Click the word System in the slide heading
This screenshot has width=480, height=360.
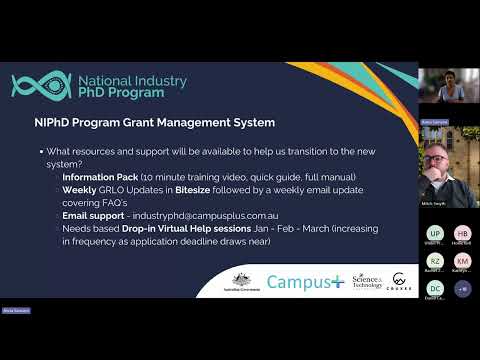coord(249,124)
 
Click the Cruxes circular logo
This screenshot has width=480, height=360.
coord(401,283)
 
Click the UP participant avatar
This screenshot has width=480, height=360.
coord(434,232)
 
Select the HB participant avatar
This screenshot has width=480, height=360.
coord(462,232)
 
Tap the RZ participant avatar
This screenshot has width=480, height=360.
coord(434,260)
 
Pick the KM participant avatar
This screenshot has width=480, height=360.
coord(462,260)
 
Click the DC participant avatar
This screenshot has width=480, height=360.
coord(434,288)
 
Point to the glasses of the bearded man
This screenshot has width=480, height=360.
coord(445,160)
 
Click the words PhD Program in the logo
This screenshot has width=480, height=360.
coord(124,92)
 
